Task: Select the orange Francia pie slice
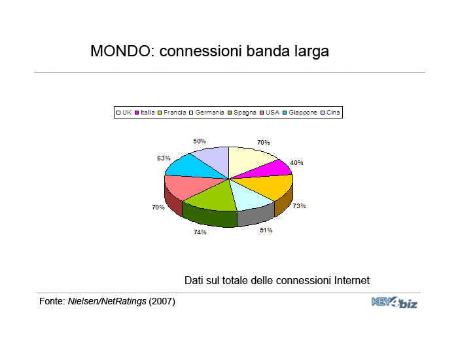point(269,186)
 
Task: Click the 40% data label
point(296,163)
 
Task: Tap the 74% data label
point(200,232)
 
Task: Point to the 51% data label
point(266,230)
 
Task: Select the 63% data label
point(164,158)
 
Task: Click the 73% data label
point(299,206)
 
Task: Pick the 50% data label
point(200,141)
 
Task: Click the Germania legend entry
point(207,113)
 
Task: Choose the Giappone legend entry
point(300,113)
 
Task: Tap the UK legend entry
point(124,113)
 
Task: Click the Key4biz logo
point(395,302)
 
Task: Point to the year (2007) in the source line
point(162,301)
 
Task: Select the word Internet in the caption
point(352,281)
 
